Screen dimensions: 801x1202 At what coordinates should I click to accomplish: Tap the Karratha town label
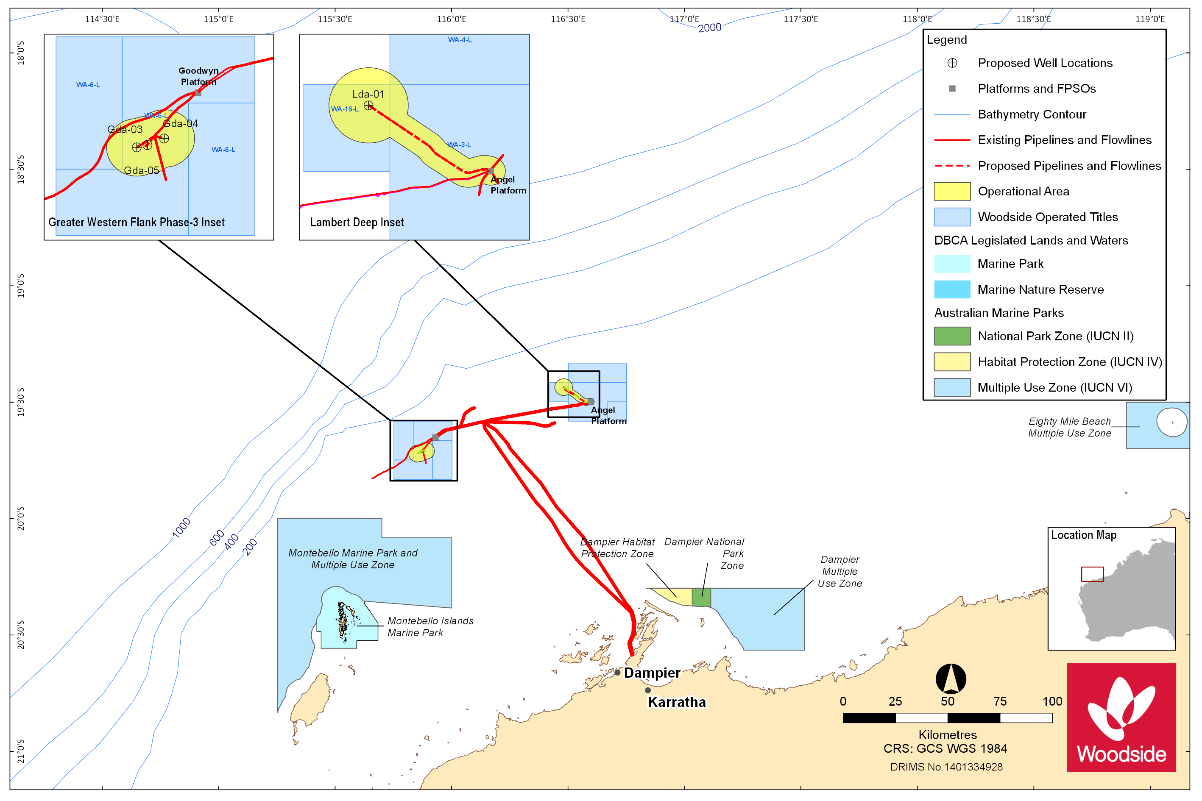[677, 702]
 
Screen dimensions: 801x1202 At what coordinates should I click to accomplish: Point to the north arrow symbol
[951, 679]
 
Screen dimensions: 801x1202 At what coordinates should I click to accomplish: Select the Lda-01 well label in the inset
[368, 94]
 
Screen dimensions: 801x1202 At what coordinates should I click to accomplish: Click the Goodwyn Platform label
[199, 76]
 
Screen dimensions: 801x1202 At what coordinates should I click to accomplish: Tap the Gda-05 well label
[142, 170]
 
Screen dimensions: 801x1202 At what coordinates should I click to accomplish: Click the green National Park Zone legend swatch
[951, 336]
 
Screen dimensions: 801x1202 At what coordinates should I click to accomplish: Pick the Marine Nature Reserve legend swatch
[951, 289]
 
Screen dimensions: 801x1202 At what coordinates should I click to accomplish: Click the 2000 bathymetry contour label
[709, 28]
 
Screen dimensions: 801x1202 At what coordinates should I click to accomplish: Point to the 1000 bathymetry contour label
[181, 528]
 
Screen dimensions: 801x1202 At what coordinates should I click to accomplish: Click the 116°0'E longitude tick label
[451, 19]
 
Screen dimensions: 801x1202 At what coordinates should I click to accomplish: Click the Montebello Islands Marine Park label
[430, 627]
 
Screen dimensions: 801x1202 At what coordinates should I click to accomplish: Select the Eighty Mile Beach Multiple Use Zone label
[1069, 427]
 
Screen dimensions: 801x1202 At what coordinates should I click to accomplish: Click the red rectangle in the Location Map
[1092, 574]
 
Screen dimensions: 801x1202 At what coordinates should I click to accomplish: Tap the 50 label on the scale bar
[948, 701]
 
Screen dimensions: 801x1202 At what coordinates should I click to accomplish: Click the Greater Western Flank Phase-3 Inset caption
[137, 222]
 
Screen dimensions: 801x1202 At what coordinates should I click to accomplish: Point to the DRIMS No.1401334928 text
[946, 767]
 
